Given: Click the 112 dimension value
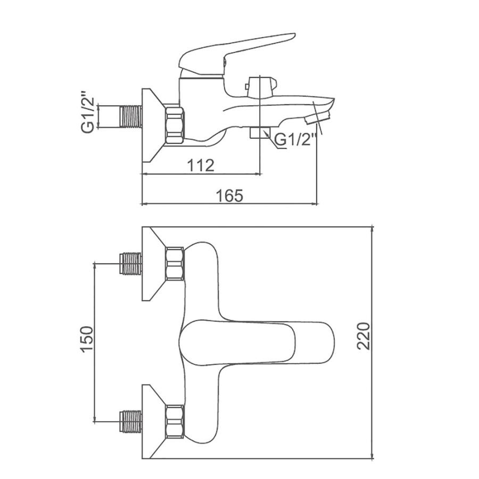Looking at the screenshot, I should [x=201, y=165].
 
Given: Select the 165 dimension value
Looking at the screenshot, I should [x=229, y=195].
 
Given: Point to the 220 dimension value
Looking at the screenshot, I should [x=364, y=335].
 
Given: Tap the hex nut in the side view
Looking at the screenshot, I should [x=175, y=125].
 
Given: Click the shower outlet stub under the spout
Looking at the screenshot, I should [x=260, y=133].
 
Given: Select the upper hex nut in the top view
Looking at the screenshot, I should [x=175, y=263].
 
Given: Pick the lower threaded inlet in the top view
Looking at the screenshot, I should [x=130, y=420].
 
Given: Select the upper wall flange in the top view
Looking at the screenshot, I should [x=152, y=263].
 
